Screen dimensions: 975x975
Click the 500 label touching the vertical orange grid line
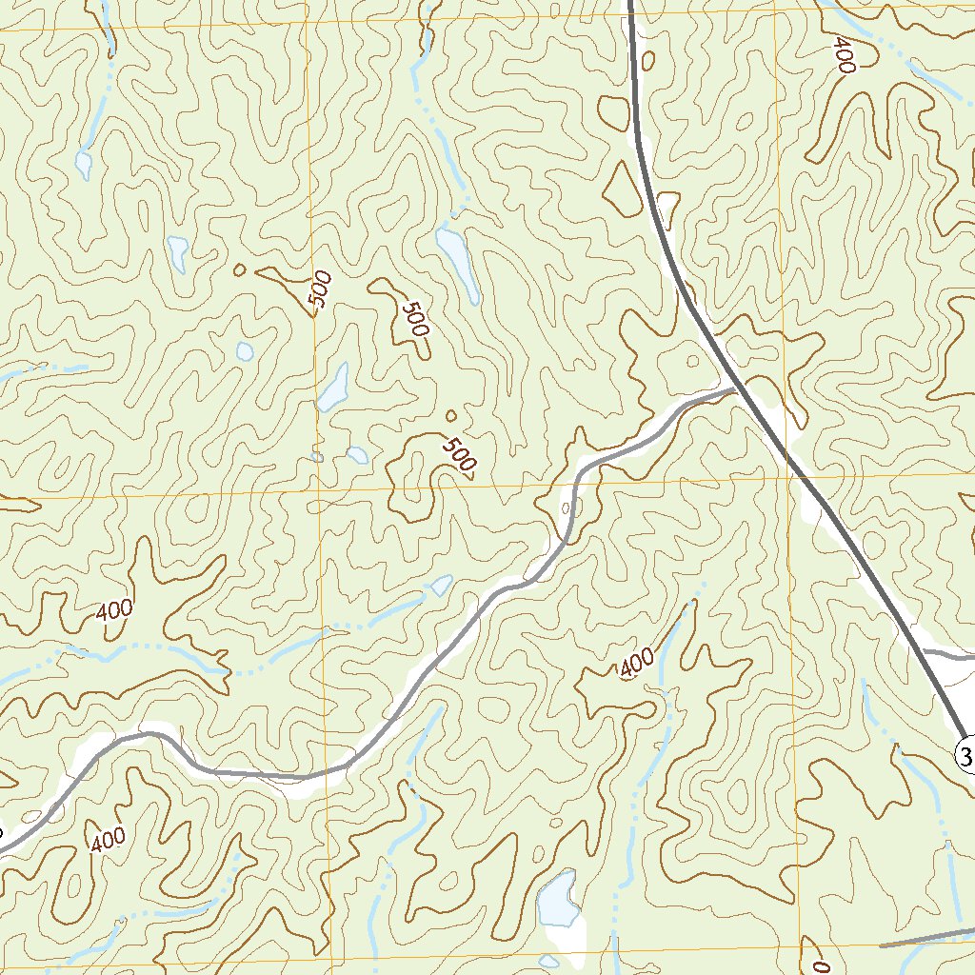(321, 289)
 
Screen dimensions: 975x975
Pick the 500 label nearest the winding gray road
(459, 455)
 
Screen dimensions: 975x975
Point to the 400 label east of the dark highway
(844, 55)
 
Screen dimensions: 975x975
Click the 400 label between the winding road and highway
(636, 664)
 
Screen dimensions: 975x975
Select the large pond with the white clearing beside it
(557, 899)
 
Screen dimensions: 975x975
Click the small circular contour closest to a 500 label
(450, 415)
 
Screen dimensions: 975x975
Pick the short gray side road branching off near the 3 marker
(949, 654)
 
